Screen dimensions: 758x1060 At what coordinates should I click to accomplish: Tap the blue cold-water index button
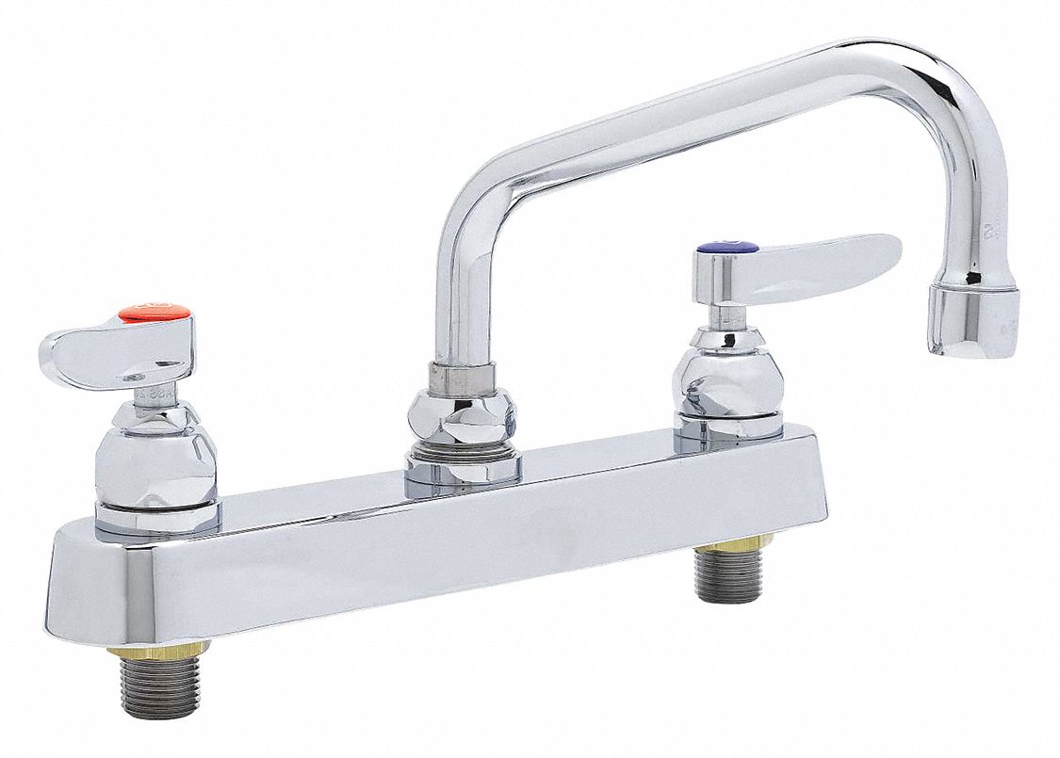click(x=726, y=248)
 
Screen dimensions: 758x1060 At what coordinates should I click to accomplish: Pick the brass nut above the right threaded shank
click(x=734, y=544)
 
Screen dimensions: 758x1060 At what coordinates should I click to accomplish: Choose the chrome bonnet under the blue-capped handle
click(x=725, y=377)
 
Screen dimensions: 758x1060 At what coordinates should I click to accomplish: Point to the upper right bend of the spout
click(x=952, y=94)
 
